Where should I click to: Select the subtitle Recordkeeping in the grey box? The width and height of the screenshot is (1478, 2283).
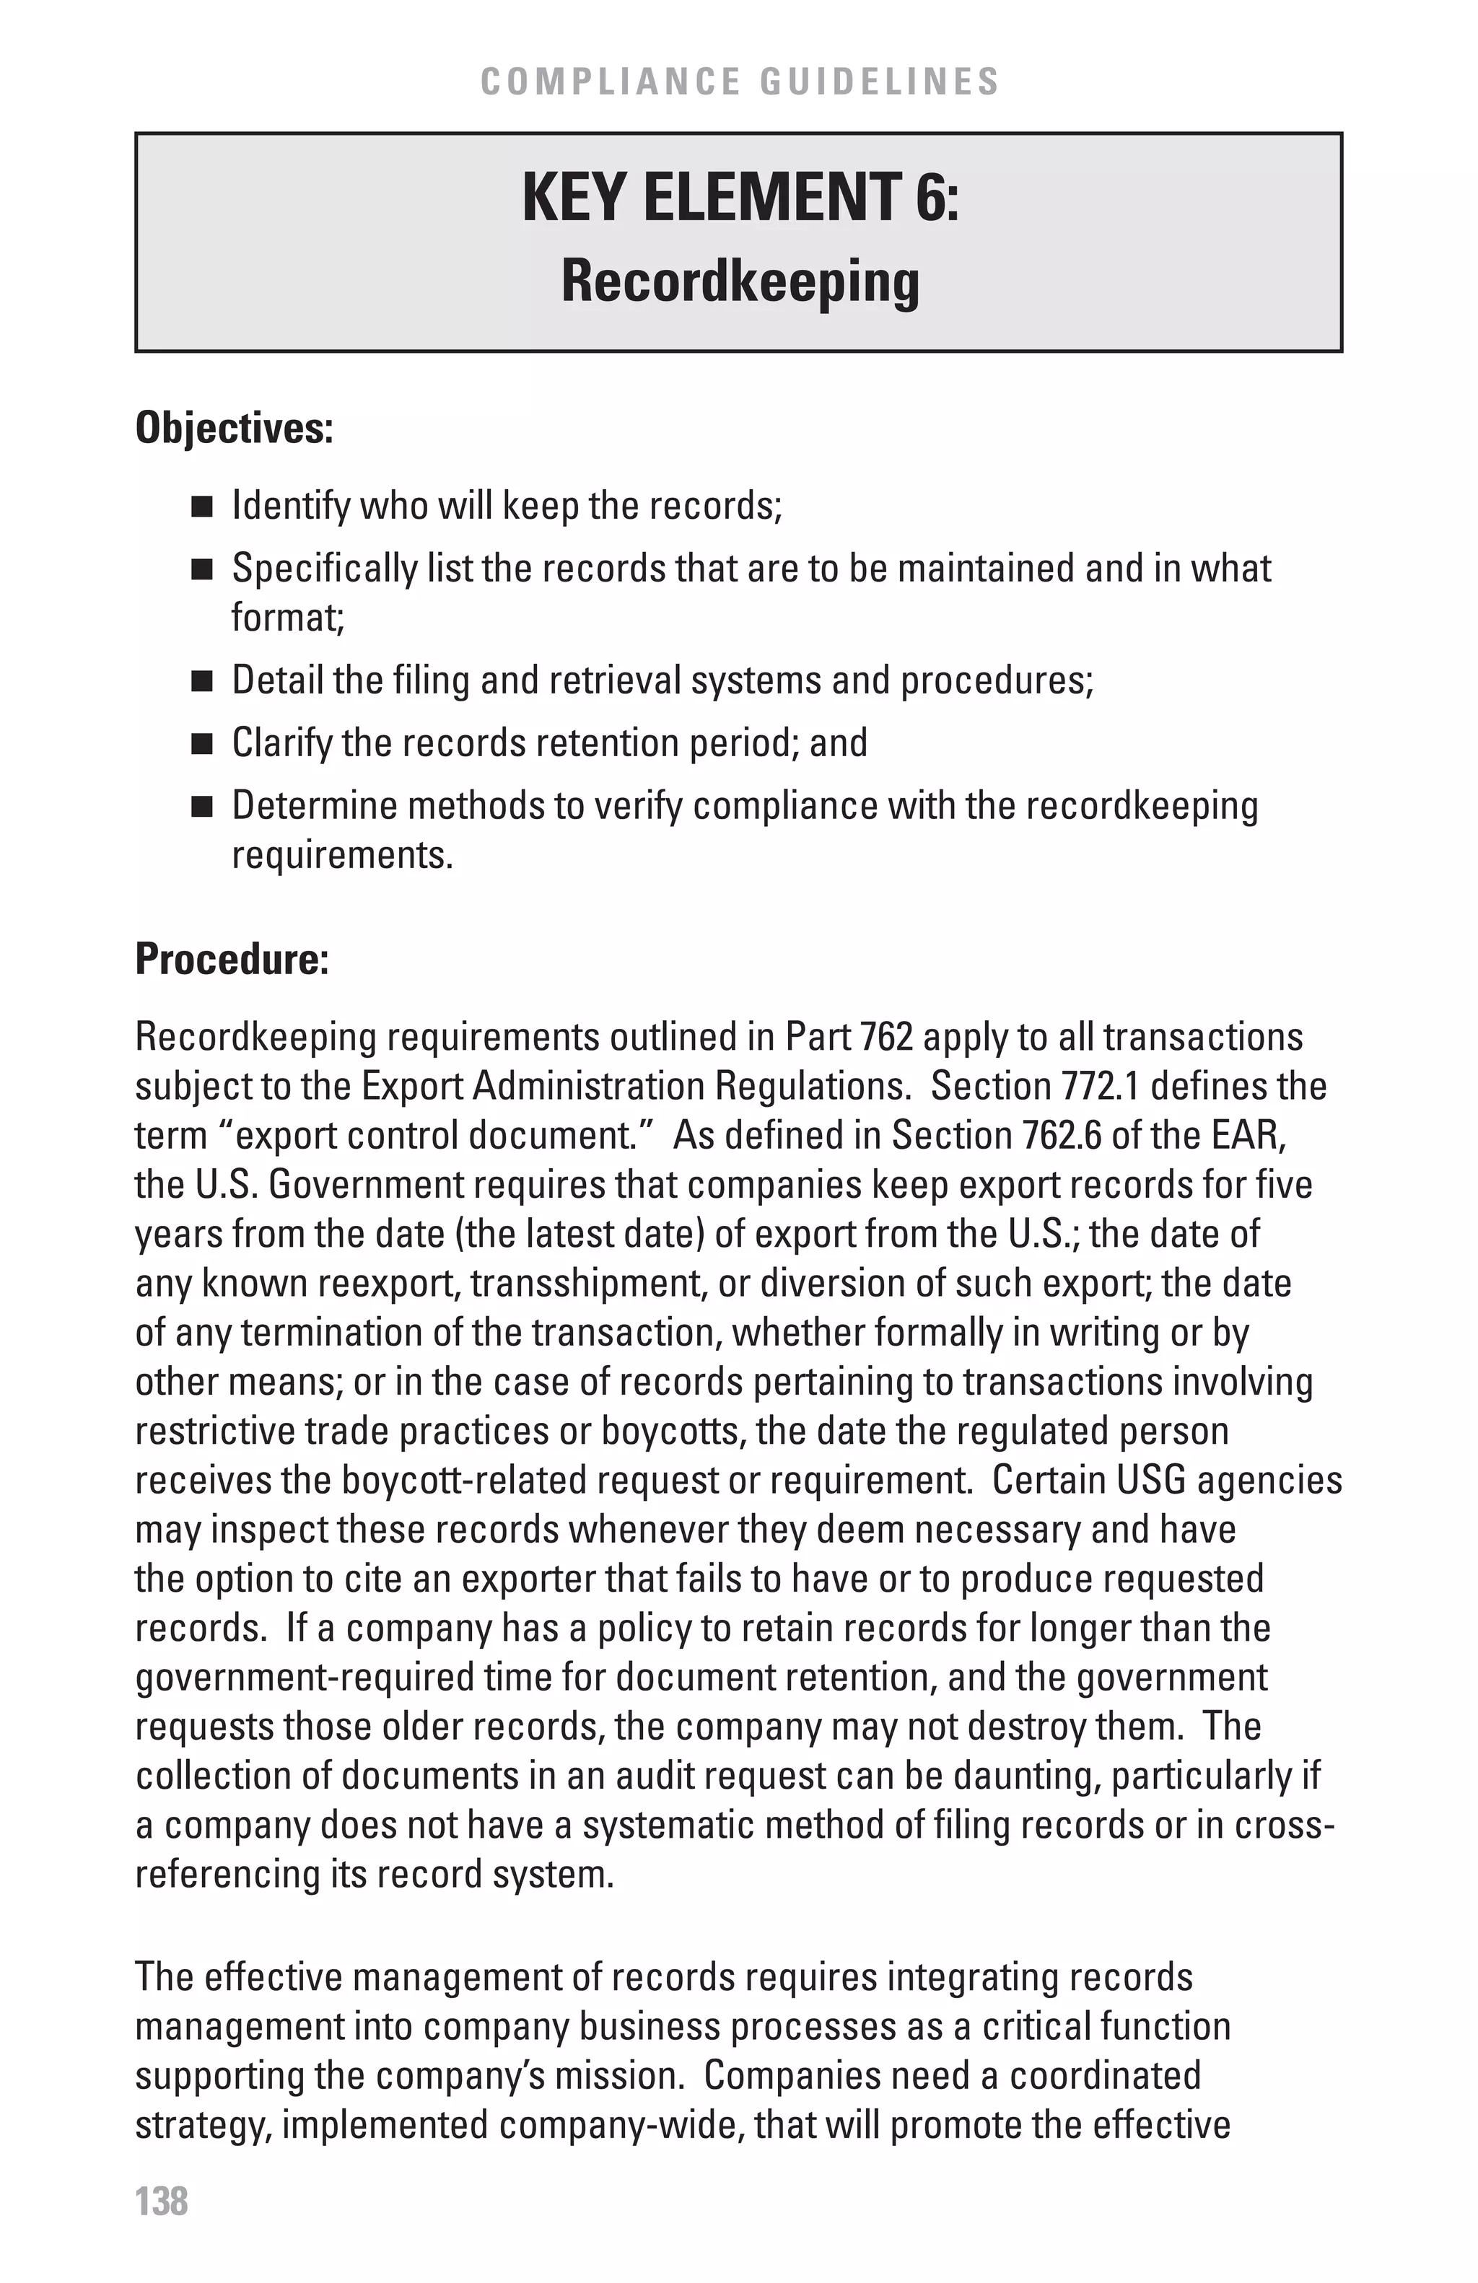pyautogui.click(x=740, y=282)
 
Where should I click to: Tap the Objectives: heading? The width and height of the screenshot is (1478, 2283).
pyautogui.click(x=234, y=428)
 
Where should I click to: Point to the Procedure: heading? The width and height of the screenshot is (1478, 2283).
pyautogui.click(x=232, y=959)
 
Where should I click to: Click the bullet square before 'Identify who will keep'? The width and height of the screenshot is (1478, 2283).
pyautogui.click(x=201, y=507)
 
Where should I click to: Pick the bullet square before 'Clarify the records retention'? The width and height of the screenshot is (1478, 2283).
pyautogui.click(x=201, y=745)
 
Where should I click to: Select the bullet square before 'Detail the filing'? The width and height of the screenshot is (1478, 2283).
pyautogui.click(x=201, y=682)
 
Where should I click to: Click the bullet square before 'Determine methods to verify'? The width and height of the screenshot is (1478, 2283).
pyautogui.click(x=201, y=807)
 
